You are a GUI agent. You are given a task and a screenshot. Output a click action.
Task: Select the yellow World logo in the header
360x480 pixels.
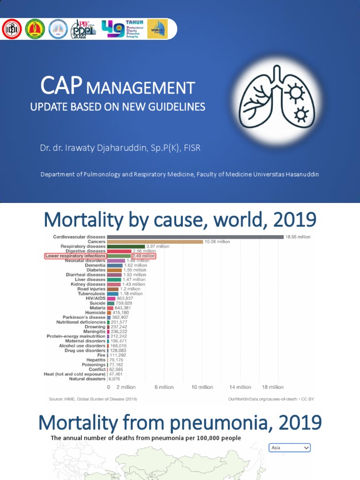[x=157, y=29]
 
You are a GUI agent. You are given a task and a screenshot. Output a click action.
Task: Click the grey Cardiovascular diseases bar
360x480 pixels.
[x=195, y=237]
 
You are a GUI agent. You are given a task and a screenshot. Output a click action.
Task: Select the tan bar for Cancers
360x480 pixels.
[x=155, y=242]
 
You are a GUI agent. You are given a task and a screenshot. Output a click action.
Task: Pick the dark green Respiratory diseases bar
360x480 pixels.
[x=126, y=247]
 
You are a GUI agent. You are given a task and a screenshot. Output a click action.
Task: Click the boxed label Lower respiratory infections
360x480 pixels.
[x=75, y=256]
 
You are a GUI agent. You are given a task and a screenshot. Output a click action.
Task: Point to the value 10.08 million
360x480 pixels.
[x=217, y=242]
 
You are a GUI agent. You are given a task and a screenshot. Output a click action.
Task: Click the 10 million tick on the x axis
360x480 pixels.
[x=202, y=387]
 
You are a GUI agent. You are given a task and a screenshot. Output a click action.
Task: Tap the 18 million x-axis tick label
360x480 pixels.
[x=272, y=387]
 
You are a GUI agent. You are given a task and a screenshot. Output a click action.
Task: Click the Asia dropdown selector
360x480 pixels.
[x=290, y=448]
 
